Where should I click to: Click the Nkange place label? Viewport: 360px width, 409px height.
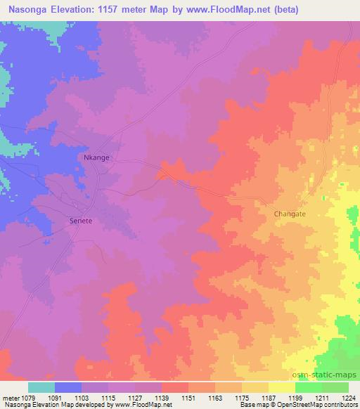[x=96, y=157]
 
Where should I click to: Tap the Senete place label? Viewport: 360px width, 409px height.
[x=80, y=220]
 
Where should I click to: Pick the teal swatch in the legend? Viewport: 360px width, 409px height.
[x=41, y=387]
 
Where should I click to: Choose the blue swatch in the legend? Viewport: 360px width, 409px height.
[x=68, y=387]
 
